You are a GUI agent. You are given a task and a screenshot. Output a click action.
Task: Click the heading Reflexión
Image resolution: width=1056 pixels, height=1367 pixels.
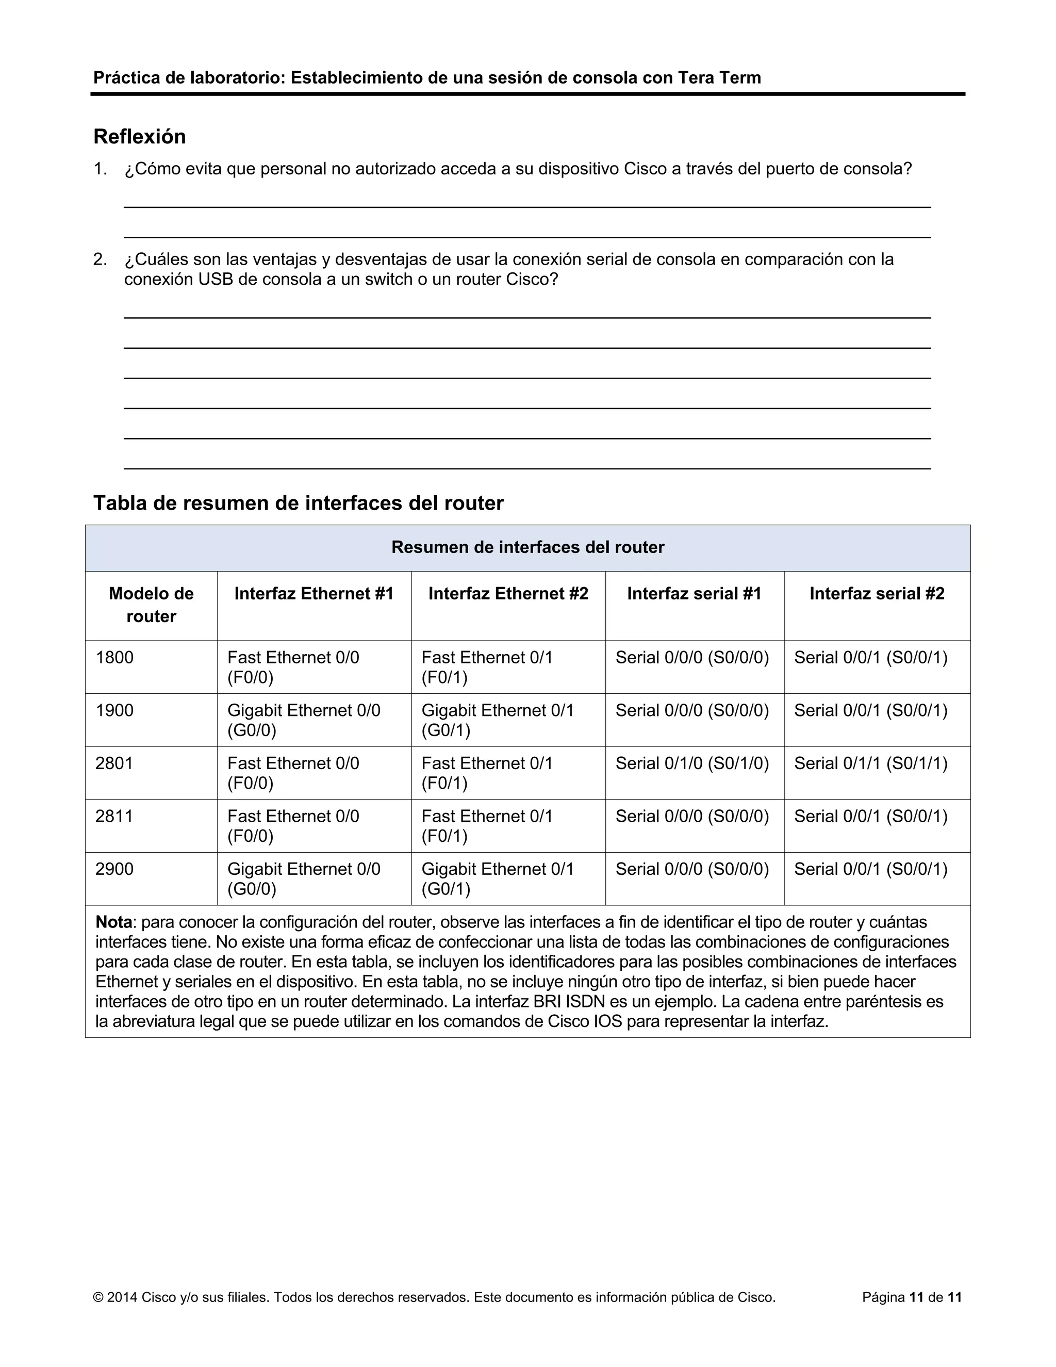coord(140,137)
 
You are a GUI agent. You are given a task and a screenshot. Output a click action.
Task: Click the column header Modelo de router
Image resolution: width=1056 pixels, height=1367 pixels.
coord(152,605)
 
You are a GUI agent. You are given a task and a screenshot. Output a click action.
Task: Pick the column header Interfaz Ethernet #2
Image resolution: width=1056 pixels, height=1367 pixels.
coord(508,593)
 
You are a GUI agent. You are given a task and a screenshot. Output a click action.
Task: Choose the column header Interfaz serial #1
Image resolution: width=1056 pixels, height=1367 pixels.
coord(694,593)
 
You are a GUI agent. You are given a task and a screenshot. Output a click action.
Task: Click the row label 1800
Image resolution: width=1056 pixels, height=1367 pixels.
coord(114,657)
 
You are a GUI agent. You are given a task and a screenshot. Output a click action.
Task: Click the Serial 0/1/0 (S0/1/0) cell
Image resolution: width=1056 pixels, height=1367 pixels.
coord(692,763)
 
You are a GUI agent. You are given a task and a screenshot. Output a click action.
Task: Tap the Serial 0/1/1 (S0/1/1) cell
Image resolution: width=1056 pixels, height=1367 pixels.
coord(871,763)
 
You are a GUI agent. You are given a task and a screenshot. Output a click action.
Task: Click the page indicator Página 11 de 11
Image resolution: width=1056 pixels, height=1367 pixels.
coord(912,1297)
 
